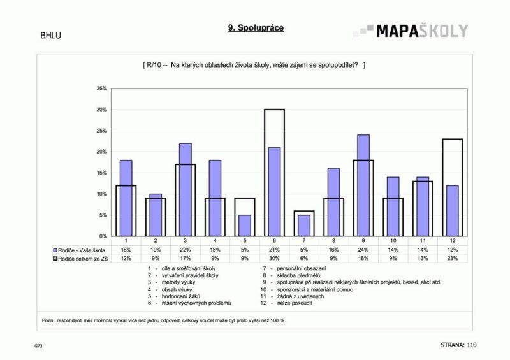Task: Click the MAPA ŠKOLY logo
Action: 411,31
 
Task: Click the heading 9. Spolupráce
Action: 255,28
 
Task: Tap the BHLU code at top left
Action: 51,36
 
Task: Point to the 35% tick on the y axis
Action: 101,89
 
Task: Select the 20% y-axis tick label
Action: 101,152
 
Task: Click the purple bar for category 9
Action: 363,185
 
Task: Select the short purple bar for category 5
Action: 244,225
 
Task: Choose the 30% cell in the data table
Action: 274,258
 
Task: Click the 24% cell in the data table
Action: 363,250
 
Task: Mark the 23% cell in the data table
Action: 451,258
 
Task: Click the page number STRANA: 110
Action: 458,345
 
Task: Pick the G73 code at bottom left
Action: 39,346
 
